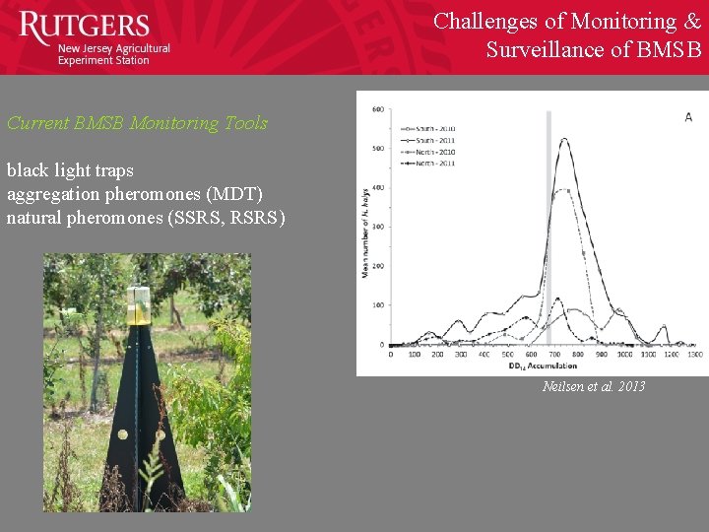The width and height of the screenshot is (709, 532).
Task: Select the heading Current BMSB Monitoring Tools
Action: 137,123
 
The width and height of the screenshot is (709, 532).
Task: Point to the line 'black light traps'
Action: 70,170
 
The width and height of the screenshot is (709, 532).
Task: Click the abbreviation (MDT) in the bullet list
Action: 233,193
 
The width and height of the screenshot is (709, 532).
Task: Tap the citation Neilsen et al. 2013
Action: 594,386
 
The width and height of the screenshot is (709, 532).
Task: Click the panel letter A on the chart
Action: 688,117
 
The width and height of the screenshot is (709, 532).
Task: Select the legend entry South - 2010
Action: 425,127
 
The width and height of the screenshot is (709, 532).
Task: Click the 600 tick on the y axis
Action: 377,110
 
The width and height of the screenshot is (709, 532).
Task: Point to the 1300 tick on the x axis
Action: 694,355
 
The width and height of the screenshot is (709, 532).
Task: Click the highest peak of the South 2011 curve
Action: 564,139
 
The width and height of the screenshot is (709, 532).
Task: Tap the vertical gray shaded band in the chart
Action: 548,227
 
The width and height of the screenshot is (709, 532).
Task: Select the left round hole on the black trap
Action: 122,434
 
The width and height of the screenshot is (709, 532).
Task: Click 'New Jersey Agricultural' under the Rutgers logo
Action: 113,48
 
